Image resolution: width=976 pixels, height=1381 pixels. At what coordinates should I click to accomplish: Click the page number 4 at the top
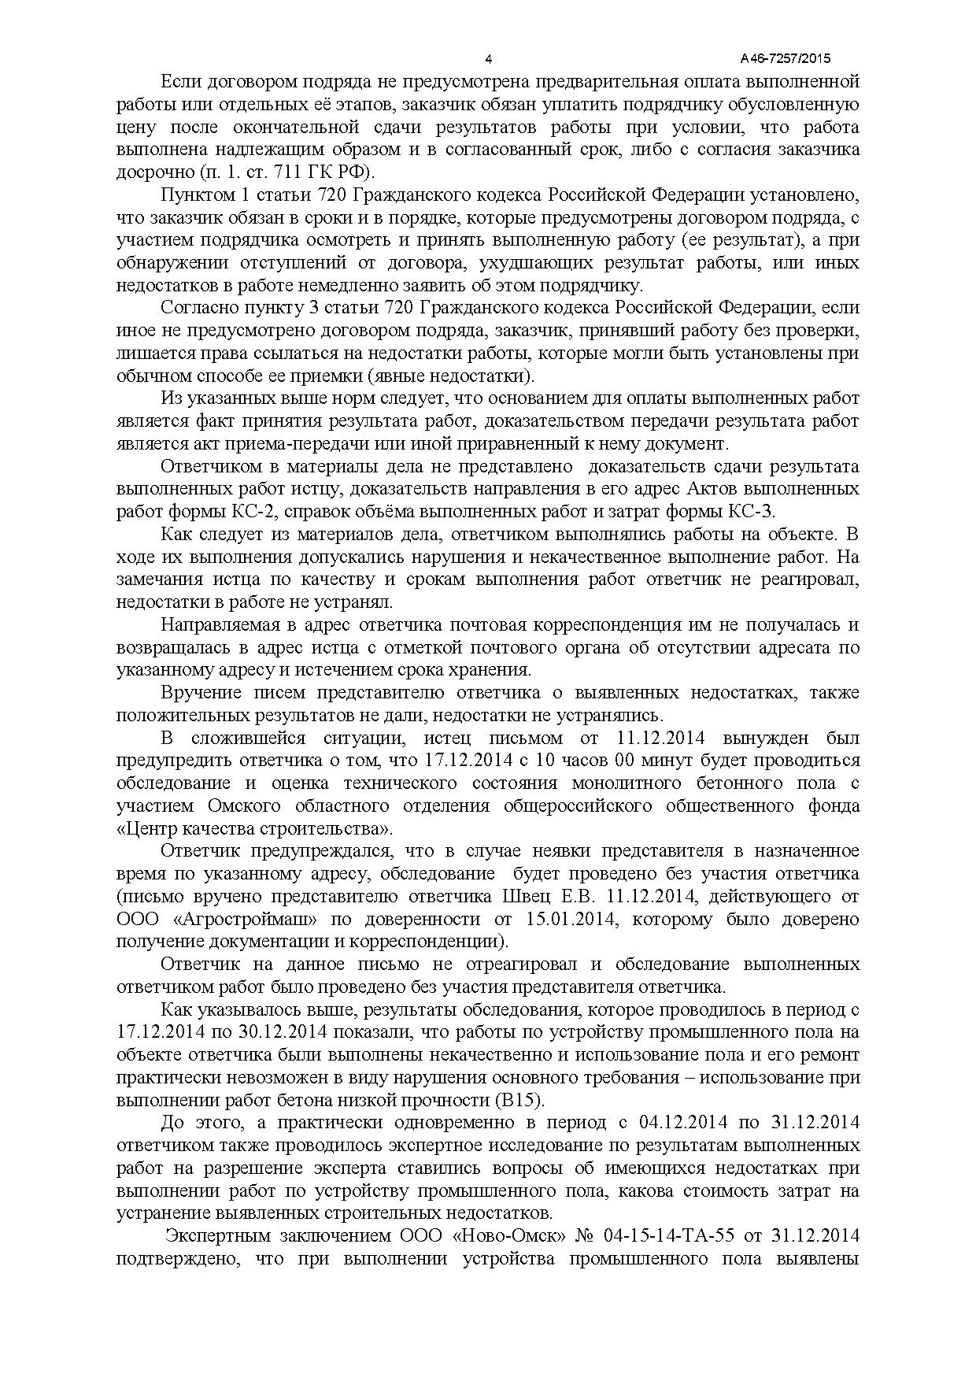(488, 59)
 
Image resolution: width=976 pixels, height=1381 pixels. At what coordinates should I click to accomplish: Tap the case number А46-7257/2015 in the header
(786, 59)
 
